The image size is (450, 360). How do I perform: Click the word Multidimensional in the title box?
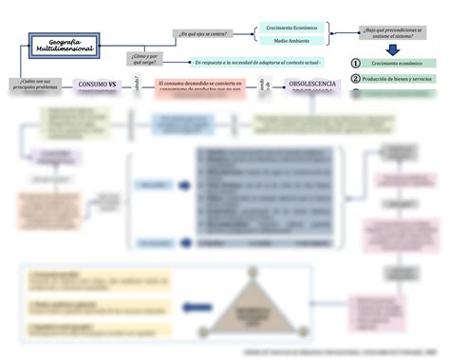(64, 48)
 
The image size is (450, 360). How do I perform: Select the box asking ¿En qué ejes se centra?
(203, 34)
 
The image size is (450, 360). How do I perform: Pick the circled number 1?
(355, 63)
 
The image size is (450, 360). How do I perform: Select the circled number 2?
(355, 78)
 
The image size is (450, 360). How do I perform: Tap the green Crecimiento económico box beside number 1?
(399, 63)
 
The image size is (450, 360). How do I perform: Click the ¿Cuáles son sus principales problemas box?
(33, 85)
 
